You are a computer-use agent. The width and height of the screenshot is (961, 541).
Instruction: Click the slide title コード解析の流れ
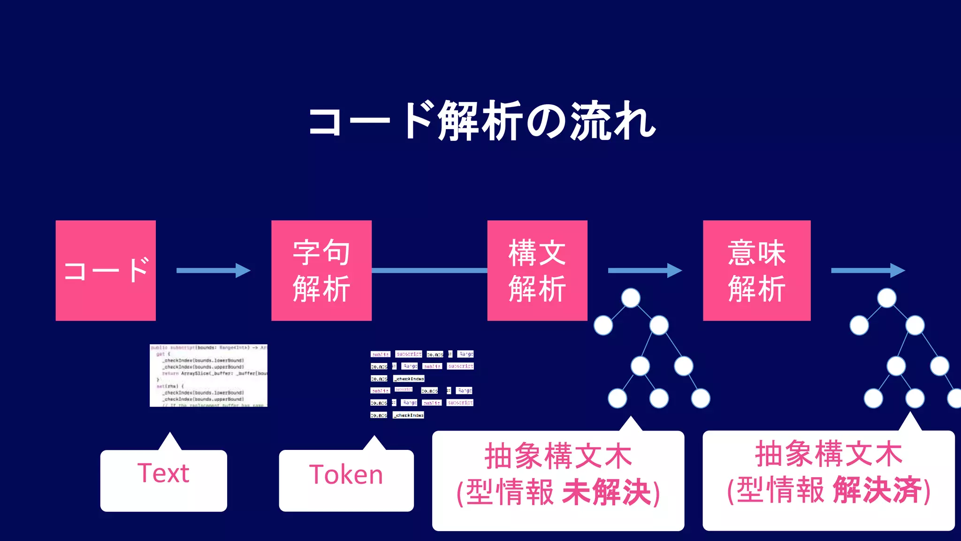point(481,121)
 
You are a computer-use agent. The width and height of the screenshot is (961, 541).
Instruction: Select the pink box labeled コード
point(106,270)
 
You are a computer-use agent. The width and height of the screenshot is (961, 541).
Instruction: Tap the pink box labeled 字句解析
point(321,270)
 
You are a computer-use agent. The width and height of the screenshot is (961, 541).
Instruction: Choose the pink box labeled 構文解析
point(537,270)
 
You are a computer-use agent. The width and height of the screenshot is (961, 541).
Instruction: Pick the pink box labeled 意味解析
point(756,270)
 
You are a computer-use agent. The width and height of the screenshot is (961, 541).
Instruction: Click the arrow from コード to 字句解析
point(213,270)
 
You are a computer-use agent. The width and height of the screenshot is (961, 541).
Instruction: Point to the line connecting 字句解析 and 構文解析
point(429,270)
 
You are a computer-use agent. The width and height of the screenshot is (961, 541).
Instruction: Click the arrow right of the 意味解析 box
point(868,270)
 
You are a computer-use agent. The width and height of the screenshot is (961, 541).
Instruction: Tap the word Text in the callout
point(163,473)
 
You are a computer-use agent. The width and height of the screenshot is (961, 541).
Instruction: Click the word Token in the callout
point(346,475)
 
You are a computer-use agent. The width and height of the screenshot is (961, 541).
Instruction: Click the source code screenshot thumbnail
point(208,375)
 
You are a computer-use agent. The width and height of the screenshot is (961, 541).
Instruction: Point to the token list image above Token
point(422,384)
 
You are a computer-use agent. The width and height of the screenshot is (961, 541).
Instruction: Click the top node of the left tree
point(631,298)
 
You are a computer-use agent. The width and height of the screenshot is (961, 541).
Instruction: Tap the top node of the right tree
point(886,298)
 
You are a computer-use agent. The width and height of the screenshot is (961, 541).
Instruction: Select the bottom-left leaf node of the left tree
point(617,398)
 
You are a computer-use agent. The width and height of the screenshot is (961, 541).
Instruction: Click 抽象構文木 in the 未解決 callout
point(558,456)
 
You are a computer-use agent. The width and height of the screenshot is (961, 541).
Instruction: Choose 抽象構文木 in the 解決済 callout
point(829,454)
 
